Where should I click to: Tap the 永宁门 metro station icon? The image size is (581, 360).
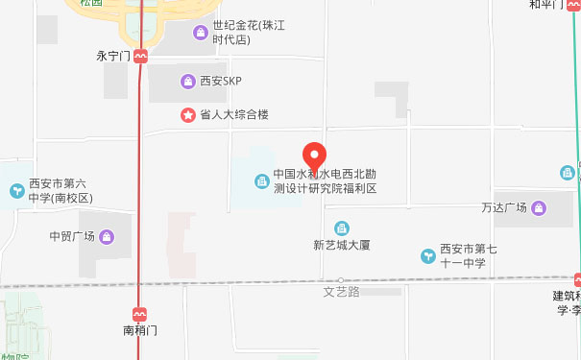pyautogui.click(x=141, y=57)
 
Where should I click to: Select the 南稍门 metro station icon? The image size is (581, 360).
pyautogui.click(x=140, y=314)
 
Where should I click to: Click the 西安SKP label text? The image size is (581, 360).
pyautogui.click(x=220, y=83)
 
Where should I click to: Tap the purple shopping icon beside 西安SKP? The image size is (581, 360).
pyautogui.click(x=188, y=83)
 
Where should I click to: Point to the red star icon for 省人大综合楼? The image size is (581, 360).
pyautogui.click(x=188, y=115)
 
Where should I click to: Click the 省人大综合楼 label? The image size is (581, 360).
pyautogui.click(x=233, y=115)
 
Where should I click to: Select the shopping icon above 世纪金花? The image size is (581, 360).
pyautogui.click(x=200, y=34)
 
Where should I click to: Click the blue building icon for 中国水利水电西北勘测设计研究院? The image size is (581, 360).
pyautogui.click(x=261, y=181)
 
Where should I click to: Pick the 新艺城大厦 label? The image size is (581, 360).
pyautogui.click(x=342, y=246)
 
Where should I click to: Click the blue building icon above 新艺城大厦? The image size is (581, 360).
pyautogui.click(x=341, y=228)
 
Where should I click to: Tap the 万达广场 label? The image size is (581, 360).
pyautogui.click(x=504, y=208)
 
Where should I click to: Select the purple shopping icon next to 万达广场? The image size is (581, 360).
pyautogui.click(x=538, y=208)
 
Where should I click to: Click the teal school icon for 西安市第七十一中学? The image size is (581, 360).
pyautogui.click(x=428, y=255)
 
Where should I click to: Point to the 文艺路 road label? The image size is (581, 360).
pyautogui.click(x=341, y=291)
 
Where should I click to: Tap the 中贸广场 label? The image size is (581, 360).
pyautogui.click(x=71, y=237)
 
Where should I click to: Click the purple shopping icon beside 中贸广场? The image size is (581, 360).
pyautogui.click(x=106, y=237)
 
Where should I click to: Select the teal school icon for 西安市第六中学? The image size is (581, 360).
pyautogui.click(x=16, y=191)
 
